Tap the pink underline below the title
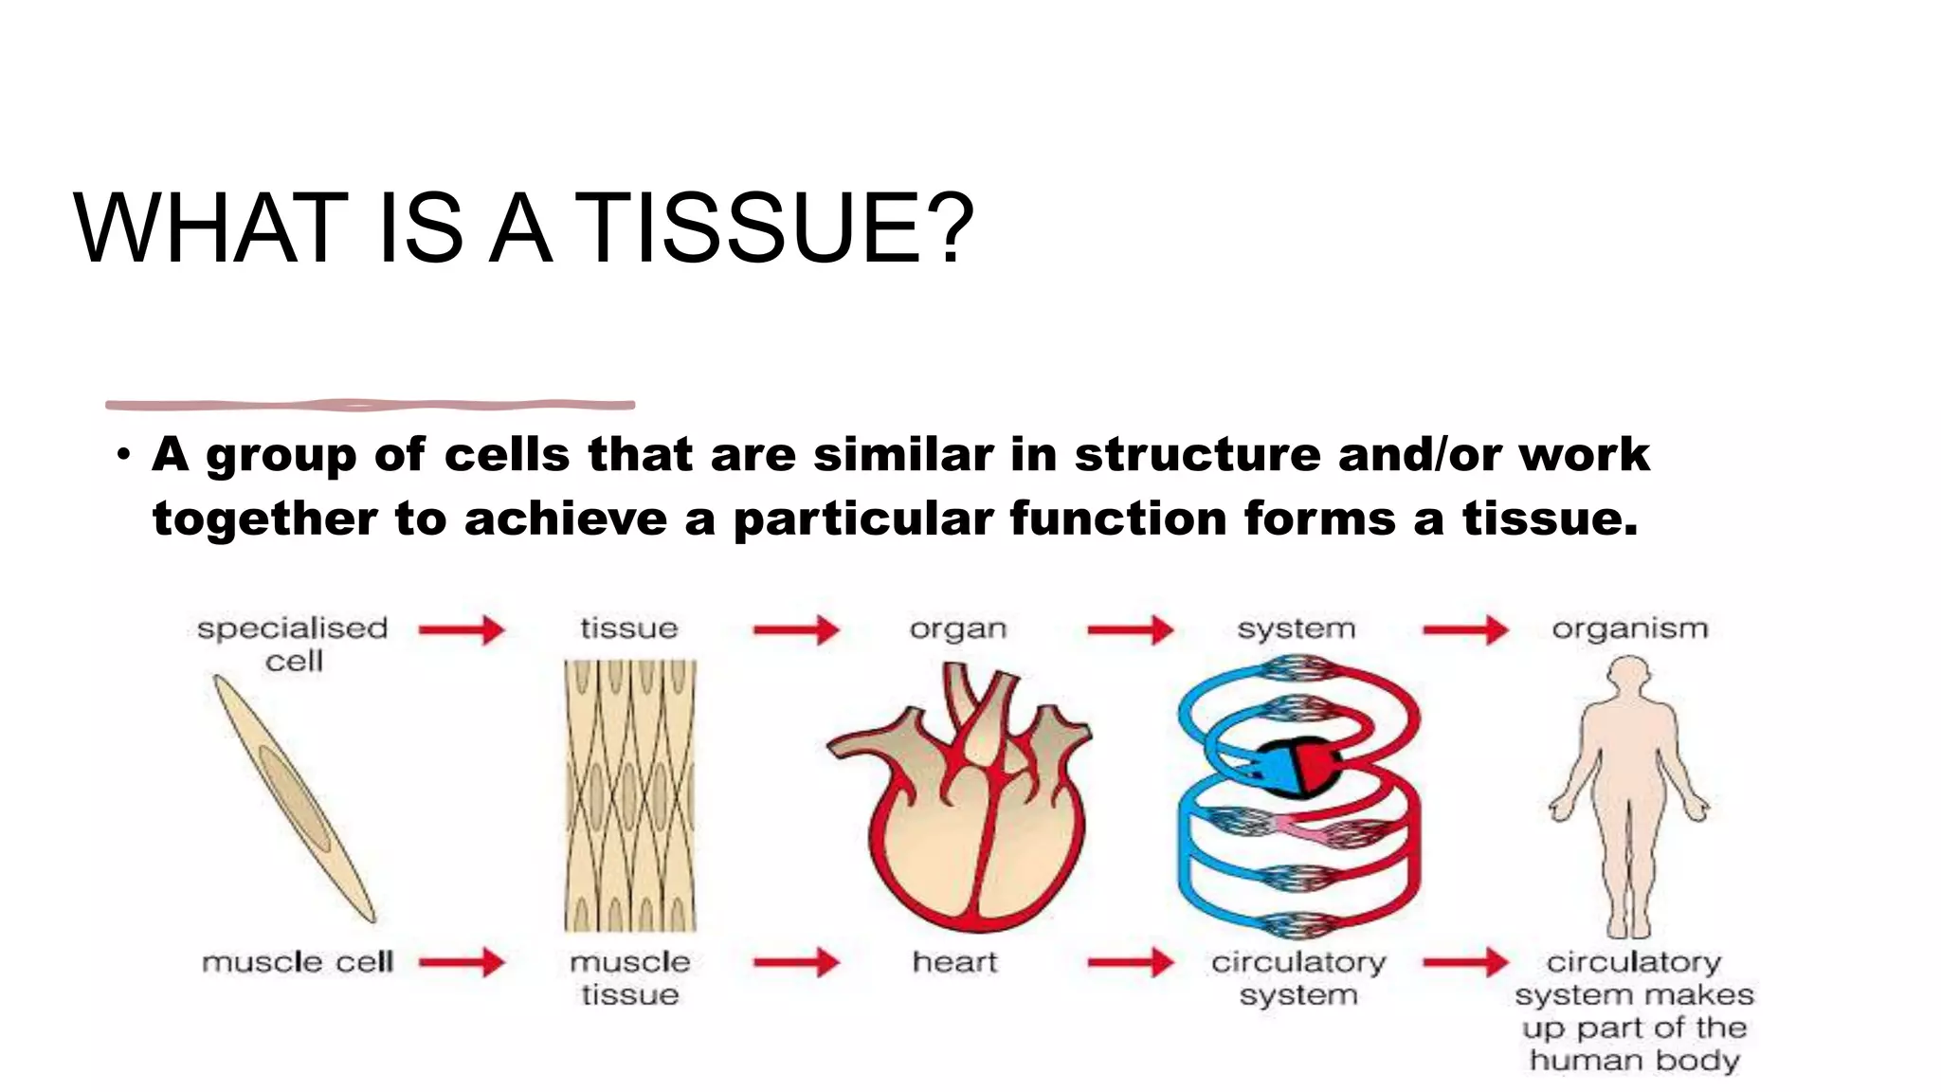[370, 405]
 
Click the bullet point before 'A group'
[123, 456]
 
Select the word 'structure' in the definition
[1197, 454]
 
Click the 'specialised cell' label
[293, 644]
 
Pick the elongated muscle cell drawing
[294, 797]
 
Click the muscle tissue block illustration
[630, 794]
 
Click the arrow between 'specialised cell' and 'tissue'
[462, 629]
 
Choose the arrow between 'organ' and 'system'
[1130, 629]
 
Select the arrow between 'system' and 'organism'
[1465, 629]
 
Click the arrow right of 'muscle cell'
[462, 962]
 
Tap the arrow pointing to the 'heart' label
[796, 962]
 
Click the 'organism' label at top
[1629, 628]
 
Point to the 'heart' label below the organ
[954, 962]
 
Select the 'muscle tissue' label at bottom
[630, 978]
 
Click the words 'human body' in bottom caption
[1634, 1060]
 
